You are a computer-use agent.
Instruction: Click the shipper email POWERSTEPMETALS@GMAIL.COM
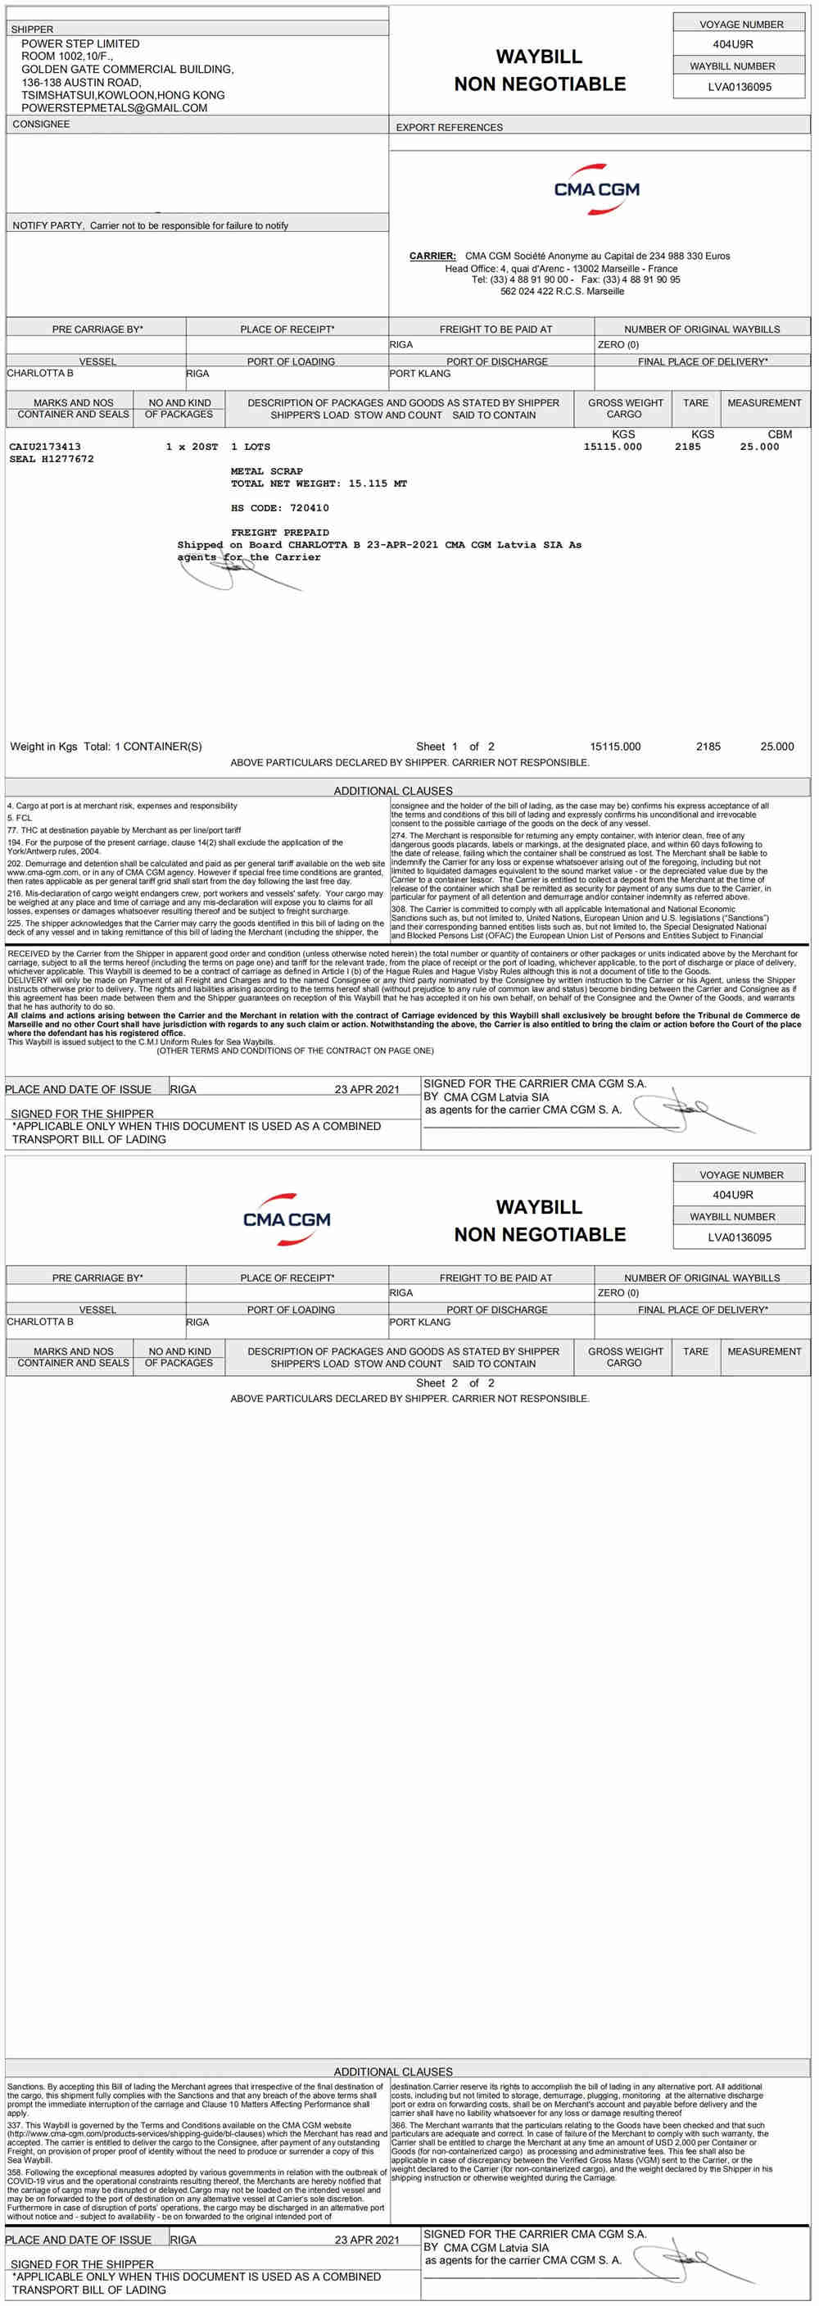pos(114,107)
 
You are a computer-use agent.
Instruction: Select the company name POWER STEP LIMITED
pos(79,43)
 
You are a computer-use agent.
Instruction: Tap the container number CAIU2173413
pos(45,446)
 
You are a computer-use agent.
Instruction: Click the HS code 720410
pos(309,507)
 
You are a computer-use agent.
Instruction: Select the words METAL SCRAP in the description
pos(267,471)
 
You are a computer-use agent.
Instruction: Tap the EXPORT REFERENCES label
pos(449,127)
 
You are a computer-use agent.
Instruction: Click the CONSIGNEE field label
pos(40,124)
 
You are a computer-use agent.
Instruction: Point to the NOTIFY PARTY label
pos(48,225)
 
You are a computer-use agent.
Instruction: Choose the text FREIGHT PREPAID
pos(280,532)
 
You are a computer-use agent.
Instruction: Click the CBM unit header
pos(779,434)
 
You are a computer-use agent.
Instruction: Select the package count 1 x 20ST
pos(192,446)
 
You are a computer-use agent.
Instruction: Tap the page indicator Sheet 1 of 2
pos(455,746)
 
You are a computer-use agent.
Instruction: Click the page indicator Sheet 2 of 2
pos(455,1382)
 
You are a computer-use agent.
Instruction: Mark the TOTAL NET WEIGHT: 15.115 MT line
pos(319,483)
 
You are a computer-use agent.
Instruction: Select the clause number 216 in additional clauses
pos(13,893)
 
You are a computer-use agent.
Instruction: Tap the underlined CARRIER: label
pos(432,256)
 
